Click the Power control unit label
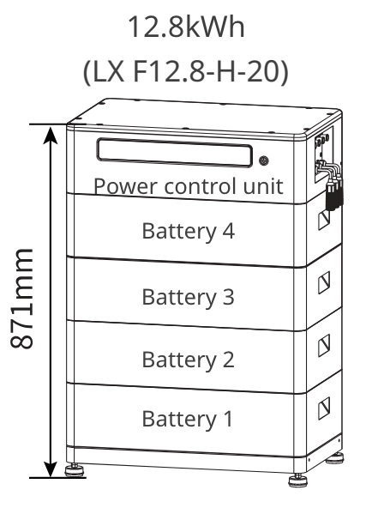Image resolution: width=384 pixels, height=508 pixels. (187, 185)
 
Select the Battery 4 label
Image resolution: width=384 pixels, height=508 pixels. (187, 231)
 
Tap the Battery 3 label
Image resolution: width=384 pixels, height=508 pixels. (187, 297)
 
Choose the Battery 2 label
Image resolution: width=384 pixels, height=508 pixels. (187, 359)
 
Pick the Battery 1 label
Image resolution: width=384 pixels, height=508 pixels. (187, 420)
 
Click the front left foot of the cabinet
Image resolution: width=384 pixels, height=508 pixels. (75, 470)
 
